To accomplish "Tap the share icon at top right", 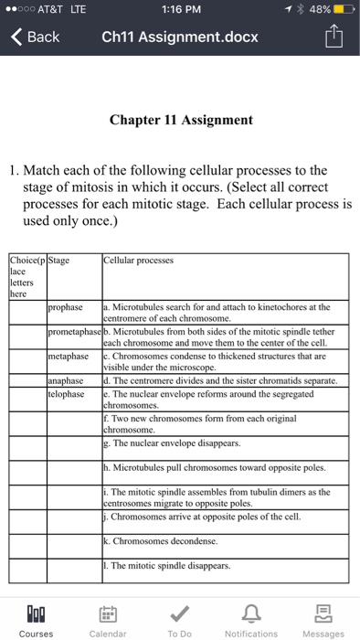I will (x=335, y=37).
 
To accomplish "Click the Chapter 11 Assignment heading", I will (x=179, y=120).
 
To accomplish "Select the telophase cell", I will (x=67, y=393).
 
